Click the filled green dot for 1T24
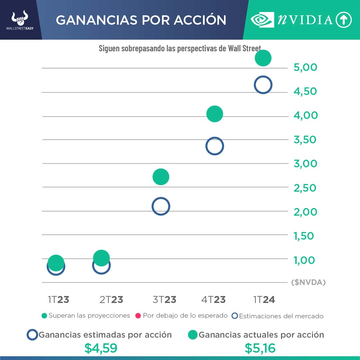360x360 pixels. [x=263, y=58]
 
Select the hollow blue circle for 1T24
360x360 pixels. [x=263, y=85]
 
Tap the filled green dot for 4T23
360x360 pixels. [x=215, y=114]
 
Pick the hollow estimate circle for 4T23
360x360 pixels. [x=215, y=146]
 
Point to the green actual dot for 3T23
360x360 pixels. [x=161, y=177]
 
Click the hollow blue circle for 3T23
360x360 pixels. [x=161, y=206]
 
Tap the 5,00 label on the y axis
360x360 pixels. [x=305, y=67]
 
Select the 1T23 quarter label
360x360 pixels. [x=58, y=300]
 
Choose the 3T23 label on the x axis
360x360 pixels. [x=164, y=300]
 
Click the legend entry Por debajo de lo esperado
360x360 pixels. [x=182, y=315]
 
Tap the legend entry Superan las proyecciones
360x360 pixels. [x=86, y=315]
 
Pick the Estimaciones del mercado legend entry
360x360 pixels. [x=278, y=316]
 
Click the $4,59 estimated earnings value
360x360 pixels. [x=101, y=348]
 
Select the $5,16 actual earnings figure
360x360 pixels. [x=260, y=348]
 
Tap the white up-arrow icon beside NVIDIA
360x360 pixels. [x=344, y=20]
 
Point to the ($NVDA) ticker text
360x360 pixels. [x=308, y=282]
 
